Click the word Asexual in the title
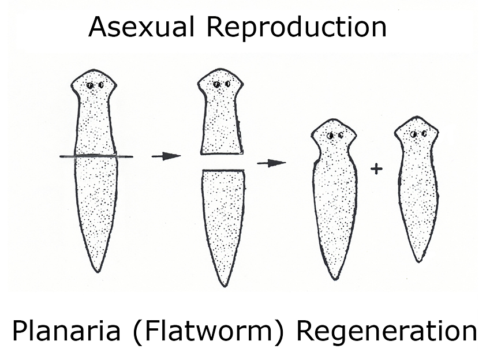tap(141, 27)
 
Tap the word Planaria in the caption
tap(66, 330)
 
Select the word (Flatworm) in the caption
tap(208, 331)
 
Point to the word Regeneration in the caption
tap(387, 331)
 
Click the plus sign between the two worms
tap(376, 169)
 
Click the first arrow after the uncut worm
tap(166, 156)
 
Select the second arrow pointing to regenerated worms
tap(271, 163)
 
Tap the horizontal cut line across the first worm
tap(96, 156)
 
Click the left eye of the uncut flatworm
tap(90, 85)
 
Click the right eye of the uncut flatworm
tap(101, 85)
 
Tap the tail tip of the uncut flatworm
tap(98, 272)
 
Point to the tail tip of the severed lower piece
tap(225, 286)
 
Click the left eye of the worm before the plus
tap(330, 136)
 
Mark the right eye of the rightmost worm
tap(424, 134)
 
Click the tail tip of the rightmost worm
tap(418, 261)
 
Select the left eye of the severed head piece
tap(216, 84)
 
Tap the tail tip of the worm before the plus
tap(335, 279)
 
